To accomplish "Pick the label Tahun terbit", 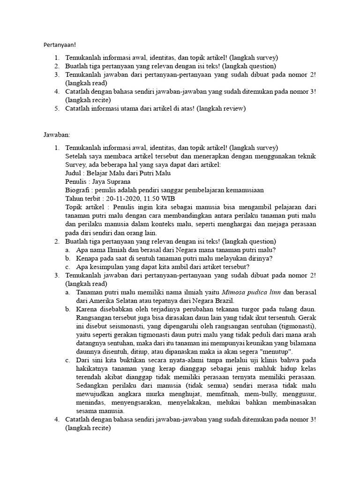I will [x=82, y=198].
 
